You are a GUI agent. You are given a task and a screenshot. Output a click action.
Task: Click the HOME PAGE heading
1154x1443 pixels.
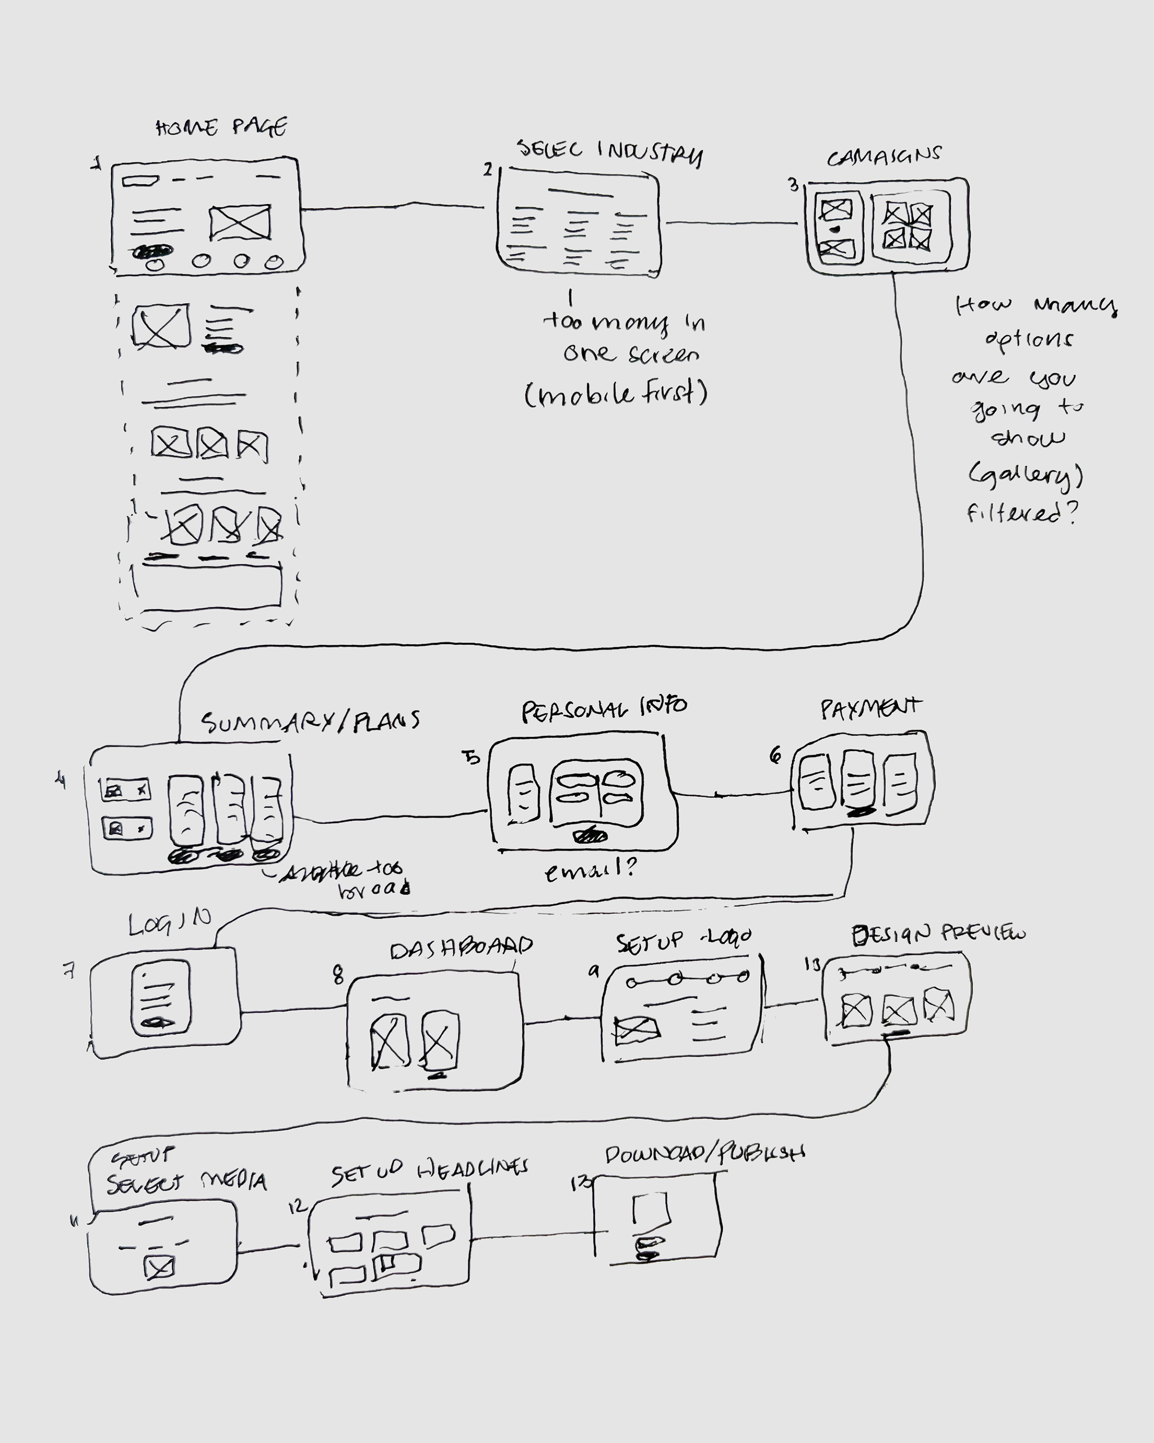[222, 127]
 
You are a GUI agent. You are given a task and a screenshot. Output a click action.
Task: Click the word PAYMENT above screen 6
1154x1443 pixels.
[871, 708]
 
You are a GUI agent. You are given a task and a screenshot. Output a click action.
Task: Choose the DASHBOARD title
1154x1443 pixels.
[461, 946]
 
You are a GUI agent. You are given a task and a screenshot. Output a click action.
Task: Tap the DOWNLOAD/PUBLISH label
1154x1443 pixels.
[704, 1154]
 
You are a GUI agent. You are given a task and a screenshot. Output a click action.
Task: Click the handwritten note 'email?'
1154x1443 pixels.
[591, 870]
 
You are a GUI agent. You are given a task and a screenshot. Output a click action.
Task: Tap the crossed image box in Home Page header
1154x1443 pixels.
[239, 222]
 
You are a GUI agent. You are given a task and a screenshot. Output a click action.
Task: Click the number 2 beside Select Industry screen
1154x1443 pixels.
[488, 170]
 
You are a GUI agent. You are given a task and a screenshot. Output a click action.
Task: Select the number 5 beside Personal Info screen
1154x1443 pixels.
[473, 758]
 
